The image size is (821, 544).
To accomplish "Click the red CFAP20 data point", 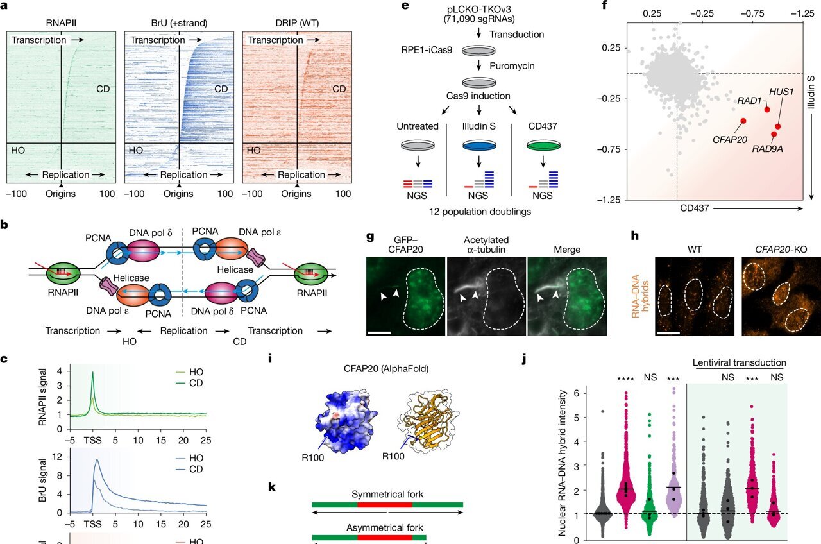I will (743, 121).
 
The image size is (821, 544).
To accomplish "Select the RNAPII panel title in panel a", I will (60, 23).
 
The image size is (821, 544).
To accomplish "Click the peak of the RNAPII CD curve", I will (93, 372).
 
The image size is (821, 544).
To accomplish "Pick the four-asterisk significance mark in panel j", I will (625, 378).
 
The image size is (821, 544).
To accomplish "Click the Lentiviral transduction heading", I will (740, 362).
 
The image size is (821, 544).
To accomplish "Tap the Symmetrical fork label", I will (387, 495).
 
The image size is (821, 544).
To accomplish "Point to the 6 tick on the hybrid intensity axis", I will (576, 393).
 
